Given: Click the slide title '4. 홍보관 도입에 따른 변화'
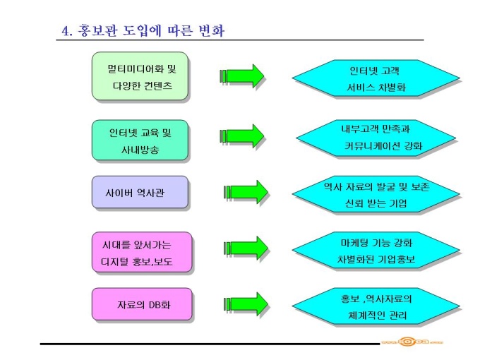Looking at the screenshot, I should (144, 31).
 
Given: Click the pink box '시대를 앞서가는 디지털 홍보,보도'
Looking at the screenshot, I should (141, 253).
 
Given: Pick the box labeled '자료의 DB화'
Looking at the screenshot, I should (141, 304).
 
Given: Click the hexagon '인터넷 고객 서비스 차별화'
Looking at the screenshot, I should (371, 78).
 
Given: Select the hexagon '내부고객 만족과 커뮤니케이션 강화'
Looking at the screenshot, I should (371, 137).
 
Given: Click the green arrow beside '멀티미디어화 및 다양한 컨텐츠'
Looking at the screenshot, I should (244, 76).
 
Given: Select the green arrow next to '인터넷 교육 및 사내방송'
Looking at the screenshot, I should (244, 135).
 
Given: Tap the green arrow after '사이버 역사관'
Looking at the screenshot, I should (246, 191).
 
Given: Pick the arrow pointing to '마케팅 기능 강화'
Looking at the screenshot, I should (246, 248).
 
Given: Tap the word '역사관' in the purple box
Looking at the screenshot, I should (155, 191).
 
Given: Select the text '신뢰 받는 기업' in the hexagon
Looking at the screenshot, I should (371, 203).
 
